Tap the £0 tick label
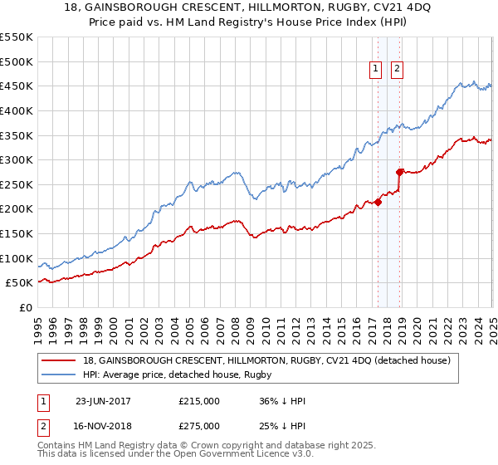pyautogui.click(x=26, y=307)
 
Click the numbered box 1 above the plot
pyautogui.click(x=376, y=69)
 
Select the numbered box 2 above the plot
pyautogui.click(x=397, y=69)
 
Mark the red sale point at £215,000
pyautogui.click(x=378, y=201)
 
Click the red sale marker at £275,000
pyautogui.click(x=399, y=172)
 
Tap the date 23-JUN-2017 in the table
pyautogui.click(x=103, y=401)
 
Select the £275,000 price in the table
pyautogui.click(x=199, y=426)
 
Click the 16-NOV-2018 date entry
pyautogui.click(x=103, y=426)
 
